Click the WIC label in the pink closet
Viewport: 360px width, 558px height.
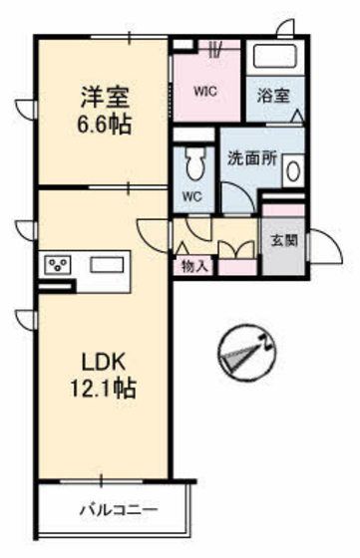point(205,92)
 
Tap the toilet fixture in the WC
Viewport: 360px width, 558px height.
point(194,162)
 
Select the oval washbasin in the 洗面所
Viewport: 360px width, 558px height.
point(291,171)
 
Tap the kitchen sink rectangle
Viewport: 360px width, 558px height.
point(106,266)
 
